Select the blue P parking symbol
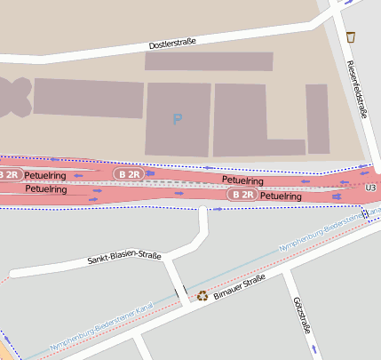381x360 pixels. click(178, 118)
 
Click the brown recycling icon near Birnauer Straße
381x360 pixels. click(202, 295)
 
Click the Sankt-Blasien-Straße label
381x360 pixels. click(124, 259)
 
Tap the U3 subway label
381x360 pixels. click(371, 188)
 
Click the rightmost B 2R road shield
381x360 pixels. click(242, 194)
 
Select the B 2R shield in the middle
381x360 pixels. click(130, 174)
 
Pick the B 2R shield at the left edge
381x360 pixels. click(9, 174)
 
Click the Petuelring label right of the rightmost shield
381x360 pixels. click(281, 196)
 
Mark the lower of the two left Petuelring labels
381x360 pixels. click(46, 189)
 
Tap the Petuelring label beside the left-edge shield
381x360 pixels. click(46, 176)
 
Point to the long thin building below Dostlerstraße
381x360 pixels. click(209, 61)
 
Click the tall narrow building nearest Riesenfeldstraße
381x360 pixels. click(318, 119)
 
